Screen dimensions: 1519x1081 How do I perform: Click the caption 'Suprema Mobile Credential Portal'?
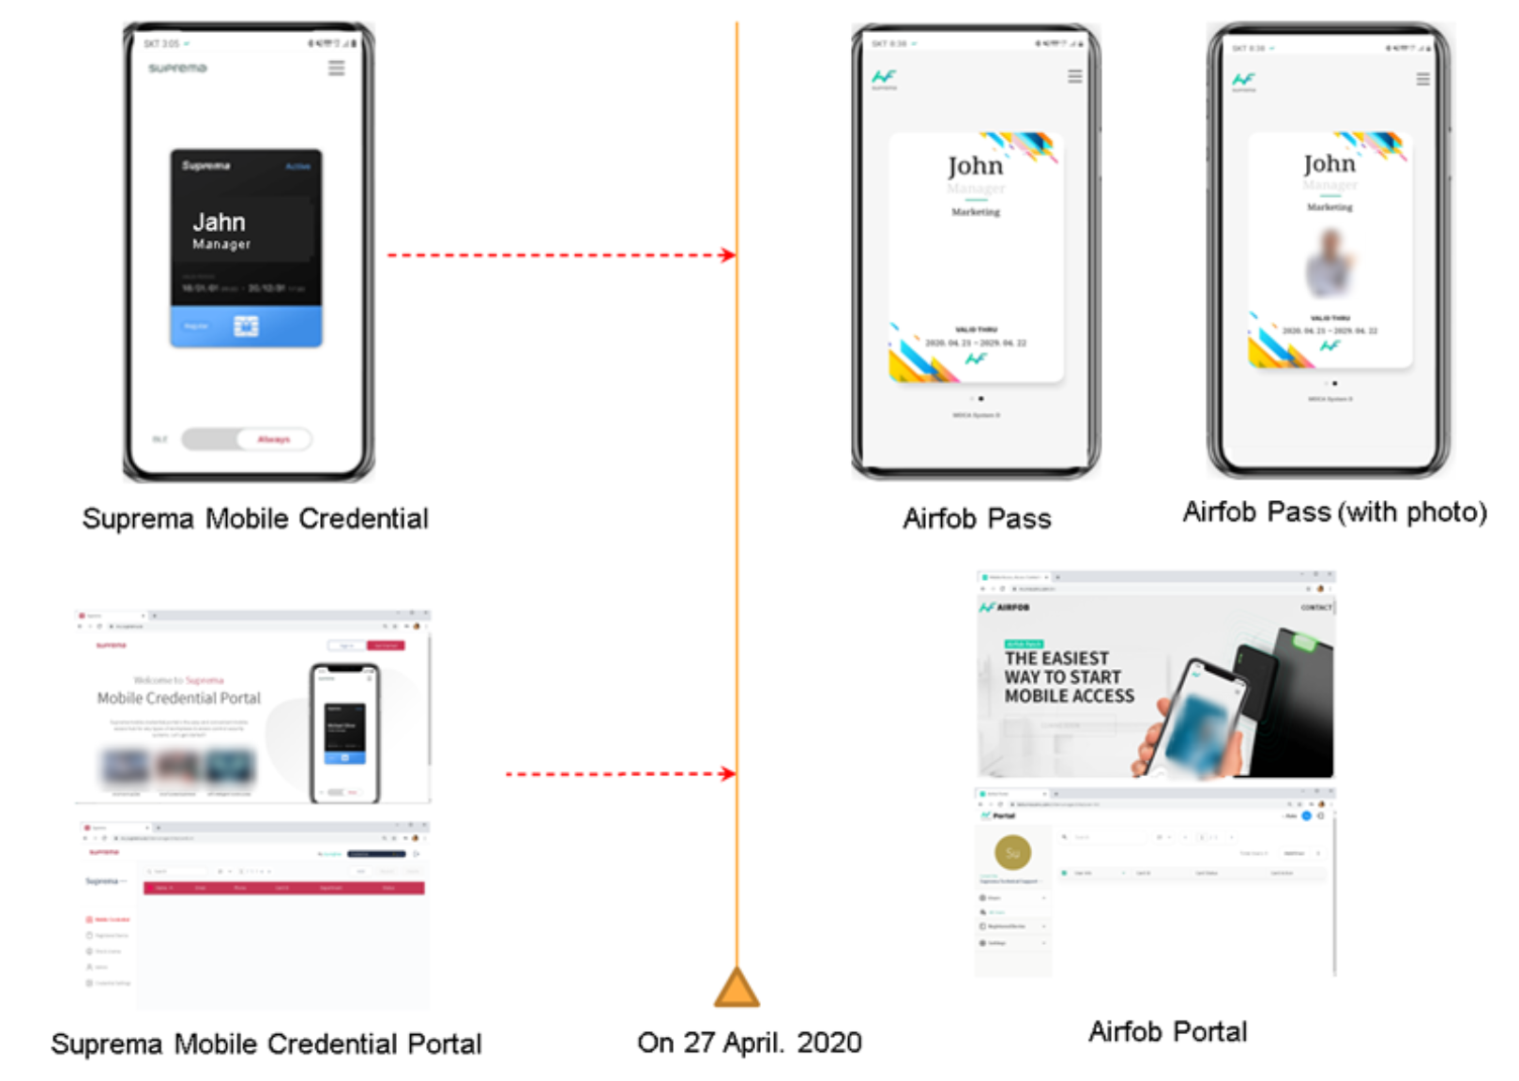(266, 1043)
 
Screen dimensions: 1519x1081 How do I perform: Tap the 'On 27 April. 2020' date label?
(749, 1042)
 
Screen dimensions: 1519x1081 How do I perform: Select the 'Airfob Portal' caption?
(1167, 1031)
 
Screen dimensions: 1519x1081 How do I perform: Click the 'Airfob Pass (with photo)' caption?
(1334, 512)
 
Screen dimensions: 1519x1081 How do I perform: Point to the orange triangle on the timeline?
(737, 989)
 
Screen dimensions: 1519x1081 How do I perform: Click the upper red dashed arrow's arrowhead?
(728, 255)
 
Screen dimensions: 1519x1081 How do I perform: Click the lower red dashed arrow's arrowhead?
(728, 774)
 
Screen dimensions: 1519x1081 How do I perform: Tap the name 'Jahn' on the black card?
(219, 222)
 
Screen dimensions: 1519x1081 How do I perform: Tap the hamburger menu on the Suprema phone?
(336, 69)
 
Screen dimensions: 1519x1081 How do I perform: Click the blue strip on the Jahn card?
(246, 327)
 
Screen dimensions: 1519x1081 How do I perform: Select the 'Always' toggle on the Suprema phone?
(273, 439)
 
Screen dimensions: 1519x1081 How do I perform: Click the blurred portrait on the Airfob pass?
(1329, 262)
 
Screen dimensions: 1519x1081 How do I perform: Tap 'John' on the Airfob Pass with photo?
(1329, 164)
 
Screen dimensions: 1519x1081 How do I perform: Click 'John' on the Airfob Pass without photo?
(975, 166)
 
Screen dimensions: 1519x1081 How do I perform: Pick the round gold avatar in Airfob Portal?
(1012, 852)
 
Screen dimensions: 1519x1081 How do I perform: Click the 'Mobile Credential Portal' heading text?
(179, 698)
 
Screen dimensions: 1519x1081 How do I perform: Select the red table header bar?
(283, 888)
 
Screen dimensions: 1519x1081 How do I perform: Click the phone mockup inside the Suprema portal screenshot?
(344, 733)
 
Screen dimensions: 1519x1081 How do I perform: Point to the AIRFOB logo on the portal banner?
(1005, 607)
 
